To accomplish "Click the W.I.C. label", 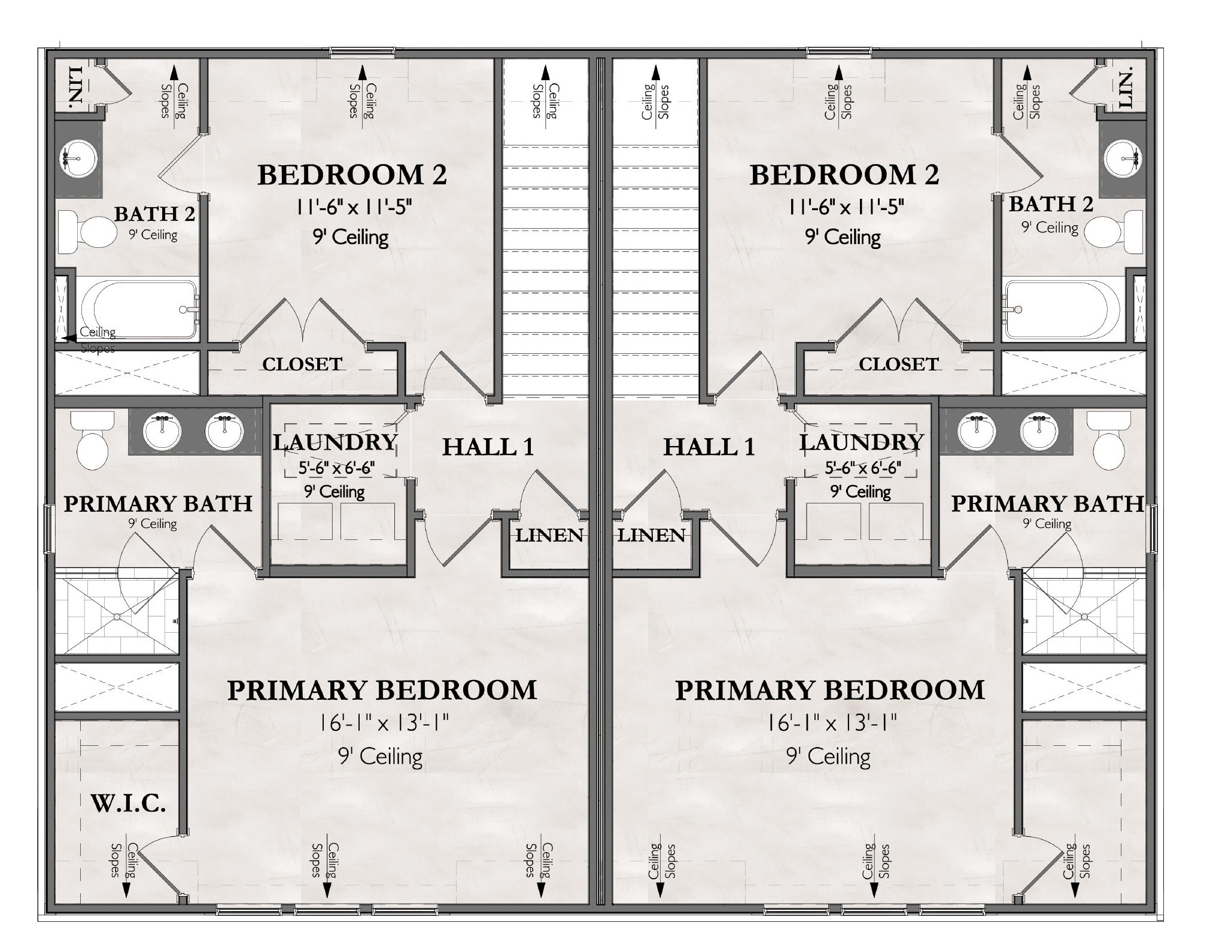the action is coord(128,803).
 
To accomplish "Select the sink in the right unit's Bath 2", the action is coord(1123,159).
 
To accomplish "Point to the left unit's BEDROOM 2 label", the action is coord(352,175).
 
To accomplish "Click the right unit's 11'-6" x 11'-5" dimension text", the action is coord(845,208).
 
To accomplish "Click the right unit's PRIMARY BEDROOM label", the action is coord(829,690).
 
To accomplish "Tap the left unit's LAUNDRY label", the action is coord(335,442).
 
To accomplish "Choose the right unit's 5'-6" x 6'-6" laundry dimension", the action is coord(862,468).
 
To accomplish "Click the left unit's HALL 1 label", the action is coord(488,447).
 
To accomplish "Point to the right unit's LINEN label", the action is coord(651,535).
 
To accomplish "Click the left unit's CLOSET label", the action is coord(302,364).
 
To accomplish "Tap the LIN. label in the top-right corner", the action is coord(1126,88).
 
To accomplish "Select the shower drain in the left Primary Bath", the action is coord(117,616).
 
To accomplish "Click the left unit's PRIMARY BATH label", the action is coord(158,504).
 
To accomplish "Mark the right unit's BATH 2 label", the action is coord(1051,204).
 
